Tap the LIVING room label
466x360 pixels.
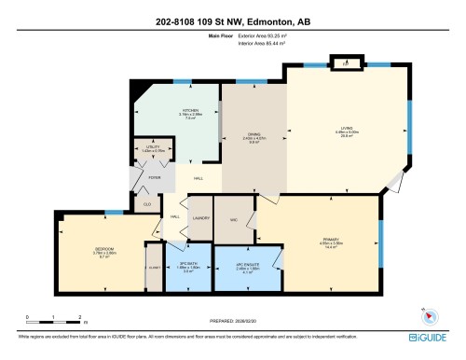pos(346,129)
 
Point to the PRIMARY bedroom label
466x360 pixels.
pos(330,240)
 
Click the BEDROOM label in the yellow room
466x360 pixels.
pos(103,249)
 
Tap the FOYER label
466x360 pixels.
pos(155,174)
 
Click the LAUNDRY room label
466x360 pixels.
pos(199,218)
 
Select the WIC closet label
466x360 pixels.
pos(234,218)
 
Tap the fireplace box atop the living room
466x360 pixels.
pos(346,64)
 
